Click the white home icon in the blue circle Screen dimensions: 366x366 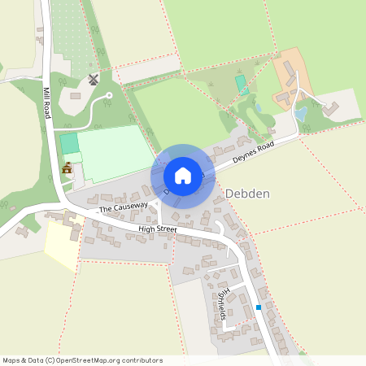click(x=182, y=176)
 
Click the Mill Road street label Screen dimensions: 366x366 click(x=47, y=103)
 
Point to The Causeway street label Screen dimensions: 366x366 click(x=124, y=208)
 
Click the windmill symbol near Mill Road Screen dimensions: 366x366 click(x=92, y=80)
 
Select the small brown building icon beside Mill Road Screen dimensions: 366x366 click(x=67, y=169)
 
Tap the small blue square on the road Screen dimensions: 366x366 click(x=259, y=307)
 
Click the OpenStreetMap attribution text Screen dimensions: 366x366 click(x=82, y=359)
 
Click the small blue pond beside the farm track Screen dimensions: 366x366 click(x=300, y=115)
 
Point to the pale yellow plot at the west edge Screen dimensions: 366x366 click(x=59, y=244)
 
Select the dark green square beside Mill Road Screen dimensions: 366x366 click(x=69, y=143)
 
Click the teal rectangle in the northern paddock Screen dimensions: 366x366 click(x=240, y=82)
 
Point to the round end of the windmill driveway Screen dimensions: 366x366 click(x=108, y=98)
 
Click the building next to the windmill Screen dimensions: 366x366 click(x=75, y=97)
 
